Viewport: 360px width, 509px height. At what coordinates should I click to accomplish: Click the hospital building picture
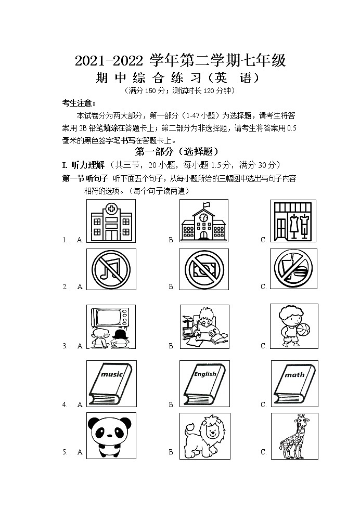110,221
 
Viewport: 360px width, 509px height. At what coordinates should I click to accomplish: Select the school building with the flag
203,221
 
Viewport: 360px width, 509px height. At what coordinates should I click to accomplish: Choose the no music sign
110,269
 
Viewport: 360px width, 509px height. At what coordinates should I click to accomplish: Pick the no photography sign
203,269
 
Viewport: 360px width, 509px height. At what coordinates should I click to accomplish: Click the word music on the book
111,374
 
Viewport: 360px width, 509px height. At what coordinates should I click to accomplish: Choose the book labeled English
203,385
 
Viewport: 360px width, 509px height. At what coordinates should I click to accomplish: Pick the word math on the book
294,374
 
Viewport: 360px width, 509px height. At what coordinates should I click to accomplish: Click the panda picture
110,436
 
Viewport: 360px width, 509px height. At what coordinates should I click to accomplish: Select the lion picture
203,436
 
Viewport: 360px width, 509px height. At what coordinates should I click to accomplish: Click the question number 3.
65,346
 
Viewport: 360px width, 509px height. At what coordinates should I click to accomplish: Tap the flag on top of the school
207,204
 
